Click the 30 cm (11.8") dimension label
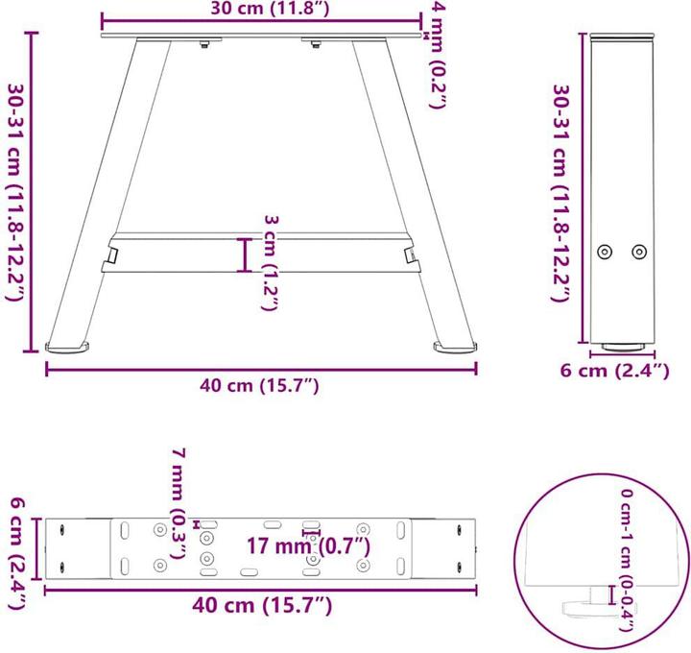pyautogui.click(x=261, y=12)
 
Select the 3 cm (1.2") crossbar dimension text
pyautogui.click(x=272, y=261)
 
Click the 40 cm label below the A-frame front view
pyautogui.click(x=259, y=385)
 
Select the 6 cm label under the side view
pyautogui.click(x=615, y=372)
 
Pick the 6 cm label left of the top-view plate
pyautogui.click(x=16, y=552)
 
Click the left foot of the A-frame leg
pyautogui.click(x=69, y=345)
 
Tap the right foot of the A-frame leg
pyautogui.click(x=455, y=345)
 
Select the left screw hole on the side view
pyautogui.click(x=605, y=252)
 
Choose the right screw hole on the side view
pyautogui.click(x=639, y=252)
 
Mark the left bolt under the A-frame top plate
pyautogui.click(x=203, y=43)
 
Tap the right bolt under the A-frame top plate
pyautogui.click(x=315, y=43)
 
